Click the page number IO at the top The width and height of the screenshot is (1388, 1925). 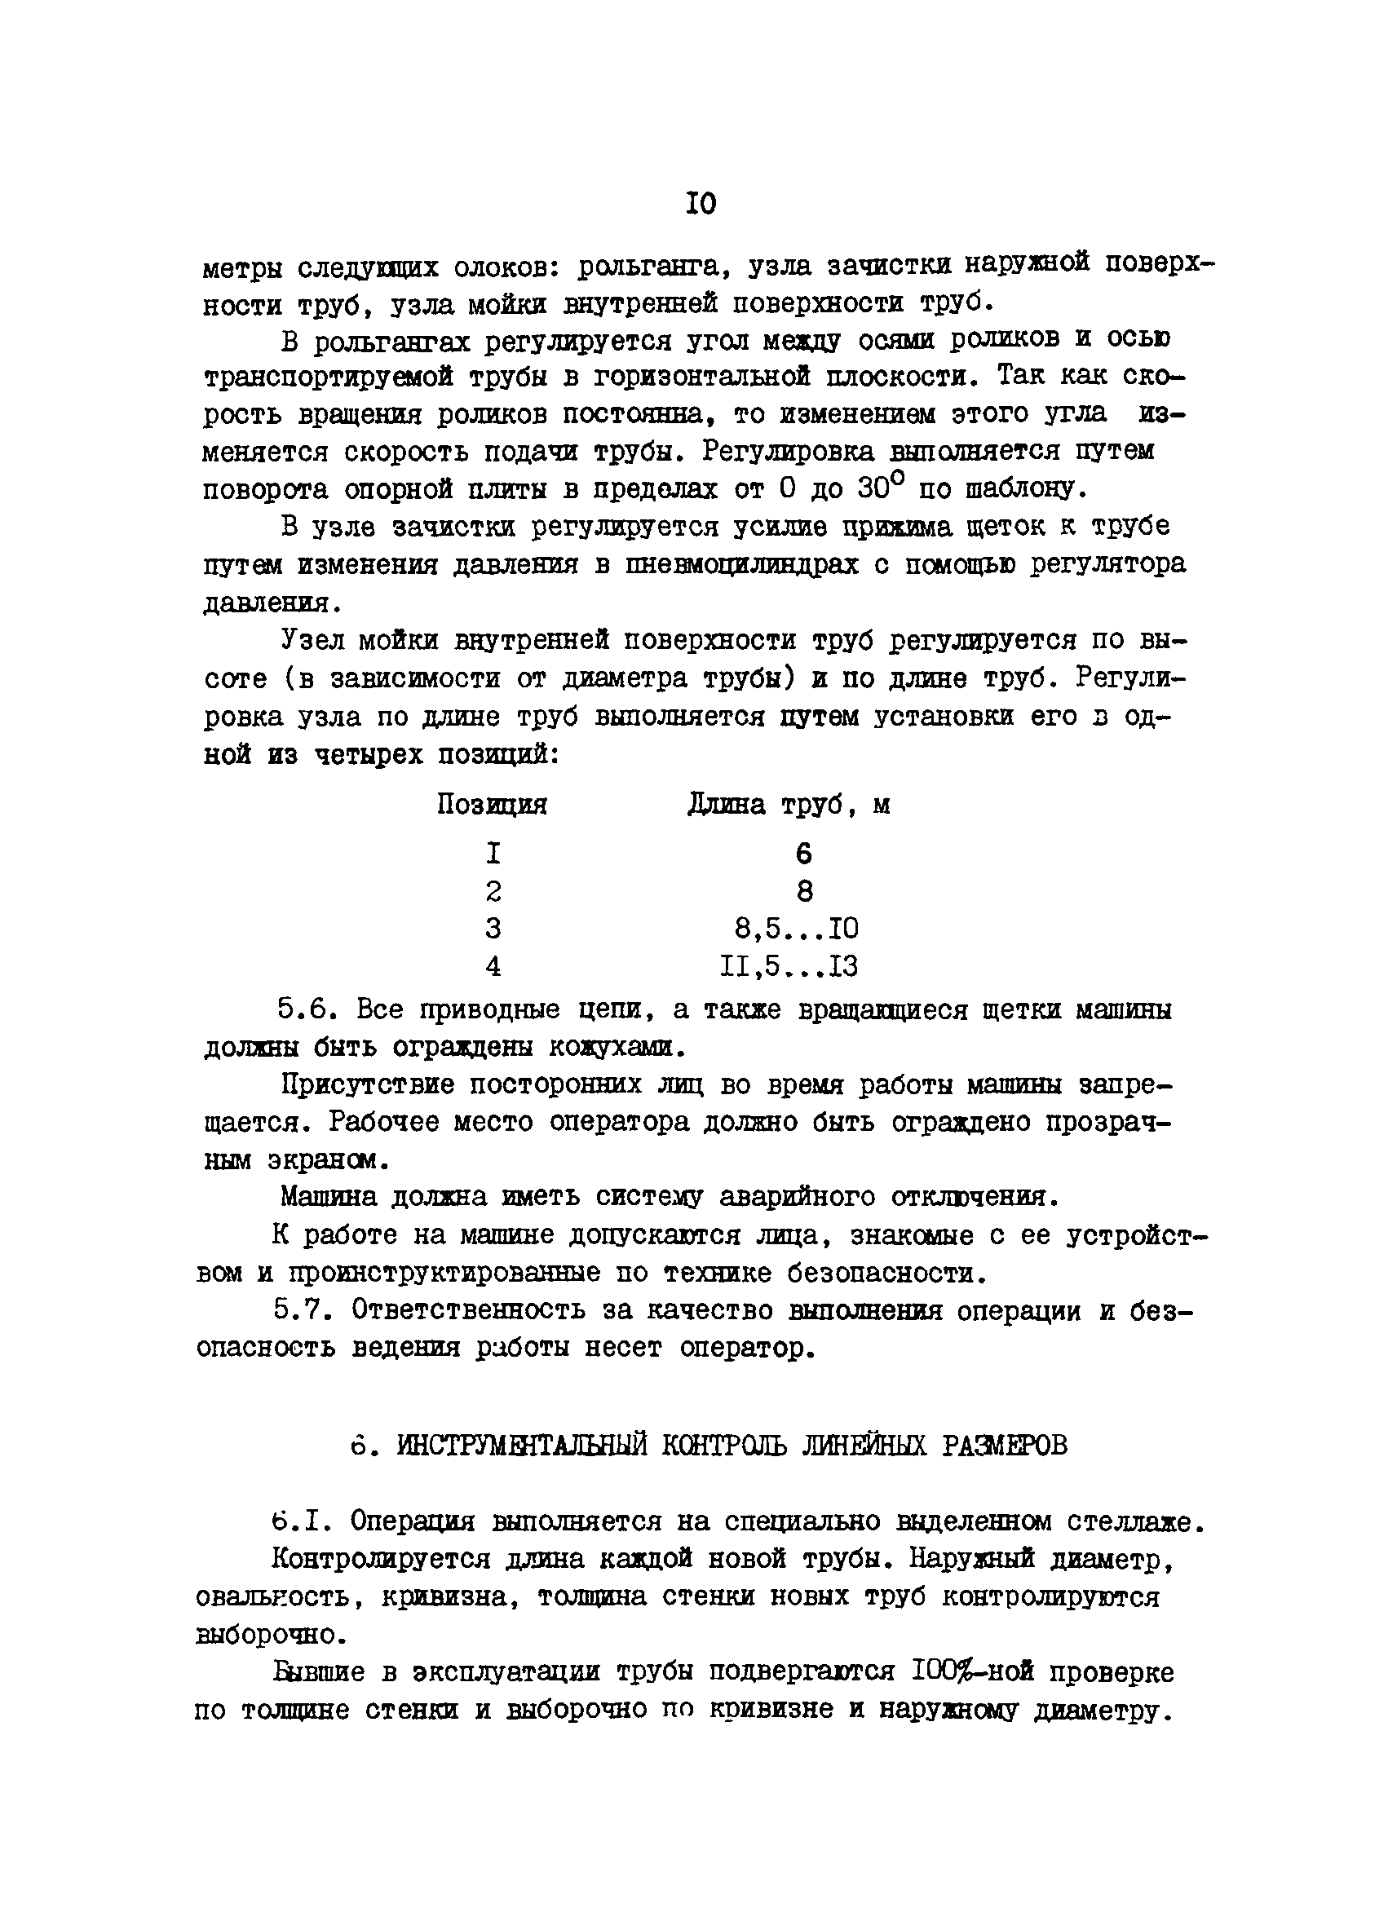tap(701, 204)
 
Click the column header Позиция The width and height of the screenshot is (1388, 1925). tap(493, 804)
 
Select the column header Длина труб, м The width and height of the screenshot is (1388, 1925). tap(789, 804)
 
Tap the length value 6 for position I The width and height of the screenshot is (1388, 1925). tap(804, 852)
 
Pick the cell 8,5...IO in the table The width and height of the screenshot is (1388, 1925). tap(796, 929)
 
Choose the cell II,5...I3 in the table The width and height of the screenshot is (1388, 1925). tap(789, 966)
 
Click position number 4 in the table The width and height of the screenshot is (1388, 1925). tap(493, 966)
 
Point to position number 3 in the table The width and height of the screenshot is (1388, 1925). tap(493, 929)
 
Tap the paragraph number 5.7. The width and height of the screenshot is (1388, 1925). tap(303, 1311)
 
